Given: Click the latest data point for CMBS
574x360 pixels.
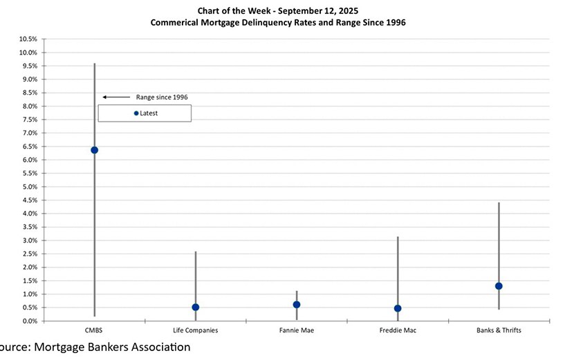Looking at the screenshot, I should coord(94,150).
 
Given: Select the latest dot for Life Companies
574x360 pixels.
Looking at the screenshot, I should coord(196,307).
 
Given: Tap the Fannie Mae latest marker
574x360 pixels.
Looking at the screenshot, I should coord(297,305).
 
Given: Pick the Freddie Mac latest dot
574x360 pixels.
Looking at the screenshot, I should coord(398,309).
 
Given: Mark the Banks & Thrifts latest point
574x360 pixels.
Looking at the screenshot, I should coord(499,286).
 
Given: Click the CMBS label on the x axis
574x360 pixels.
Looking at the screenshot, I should coord(94,330).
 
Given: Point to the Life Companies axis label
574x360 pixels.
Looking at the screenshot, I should coord(196,330).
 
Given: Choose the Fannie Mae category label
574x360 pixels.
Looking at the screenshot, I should coord(297,330).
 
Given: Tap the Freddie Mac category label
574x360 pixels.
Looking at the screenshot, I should coord(398,330).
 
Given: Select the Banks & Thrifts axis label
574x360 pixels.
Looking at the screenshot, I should coord(499,330).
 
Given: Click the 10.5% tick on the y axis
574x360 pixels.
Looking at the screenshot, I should coord(28,39).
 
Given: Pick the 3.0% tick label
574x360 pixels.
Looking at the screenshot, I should coord(29,240).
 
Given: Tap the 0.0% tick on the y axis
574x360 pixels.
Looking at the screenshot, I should coord(29,321).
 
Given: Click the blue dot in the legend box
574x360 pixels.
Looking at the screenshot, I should coord(136,113).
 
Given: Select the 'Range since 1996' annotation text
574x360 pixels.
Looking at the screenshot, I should coord(162,97).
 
